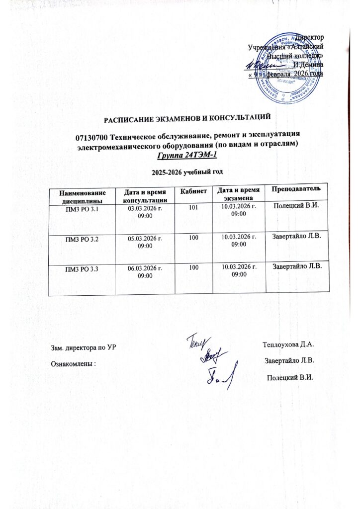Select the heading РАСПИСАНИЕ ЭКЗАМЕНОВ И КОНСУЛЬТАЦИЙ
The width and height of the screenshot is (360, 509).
186,117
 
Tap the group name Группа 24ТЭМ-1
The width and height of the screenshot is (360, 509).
187,155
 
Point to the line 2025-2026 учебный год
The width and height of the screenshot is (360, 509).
186,171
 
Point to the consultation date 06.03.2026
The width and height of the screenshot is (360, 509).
145,268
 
